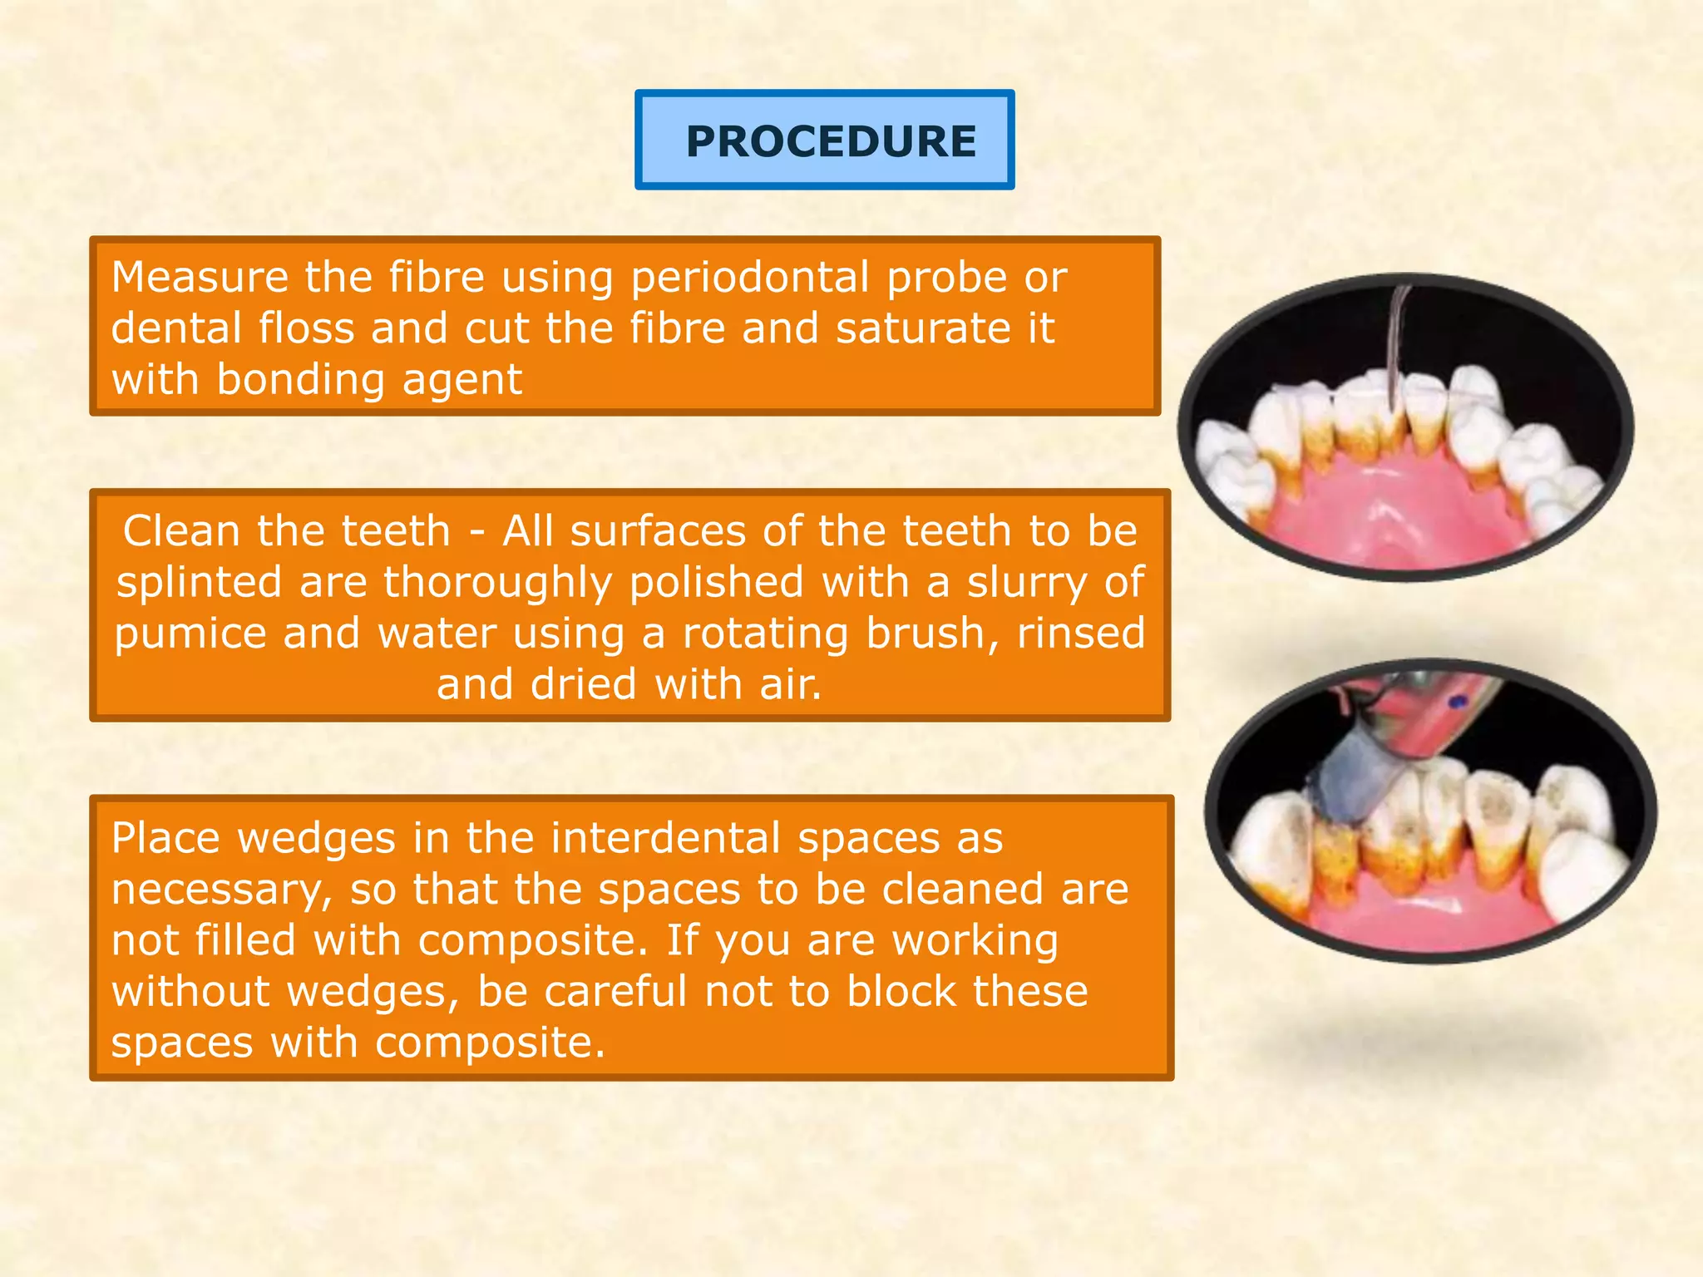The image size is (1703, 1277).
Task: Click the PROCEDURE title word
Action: tap(831, 141)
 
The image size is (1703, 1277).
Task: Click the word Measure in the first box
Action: tap(200, 277)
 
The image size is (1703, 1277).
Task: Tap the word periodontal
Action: tap(749, 277)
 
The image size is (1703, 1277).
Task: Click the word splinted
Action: tap(199, 582)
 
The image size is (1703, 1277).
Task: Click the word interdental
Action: tap(665, 838)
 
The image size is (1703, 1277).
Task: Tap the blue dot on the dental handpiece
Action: tap(1456, 703)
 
